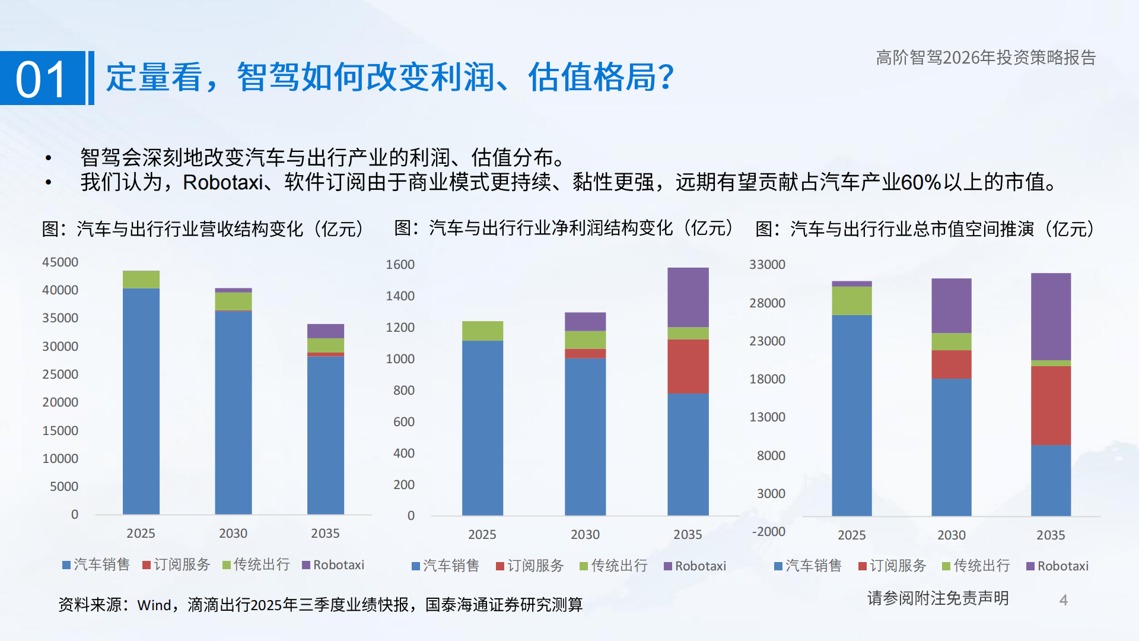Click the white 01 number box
[43, 78]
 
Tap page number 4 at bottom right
[1063, 600]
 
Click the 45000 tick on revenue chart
[60, 262]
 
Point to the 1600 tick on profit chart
[400, 265]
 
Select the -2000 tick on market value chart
[768, 532]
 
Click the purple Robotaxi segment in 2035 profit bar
[688, 297]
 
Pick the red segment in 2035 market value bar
[1051, 405]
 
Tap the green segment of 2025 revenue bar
[141, 279]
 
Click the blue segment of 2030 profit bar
[585, 436]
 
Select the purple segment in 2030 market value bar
[951, 306]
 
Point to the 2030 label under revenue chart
[233, 534]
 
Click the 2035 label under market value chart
[1051, 535]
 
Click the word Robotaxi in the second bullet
[222, 182]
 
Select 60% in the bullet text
[921, 182]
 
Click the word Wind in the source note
[154, 605]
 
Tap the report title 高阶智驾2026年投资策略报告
[985, 58]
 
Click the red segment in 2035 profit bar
[688, 366]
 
